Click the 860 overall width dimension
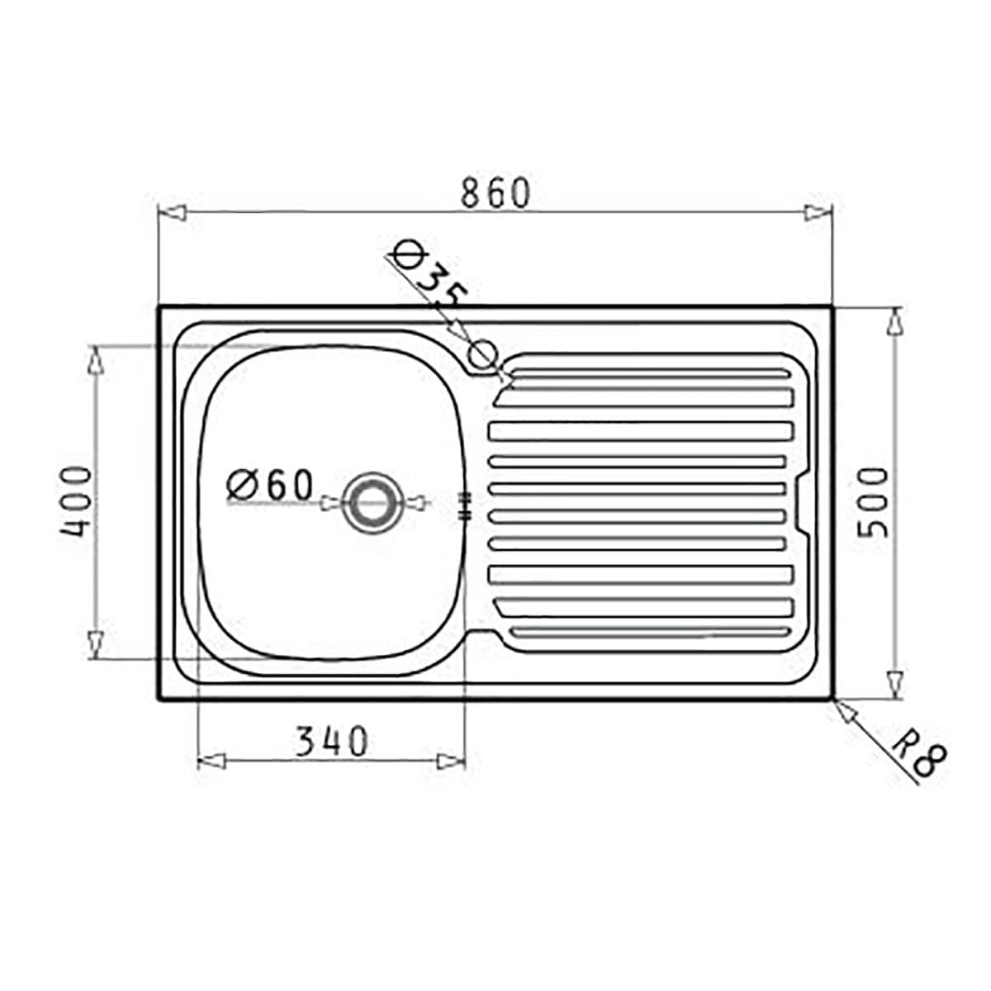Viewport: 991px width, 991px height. pos(494,192)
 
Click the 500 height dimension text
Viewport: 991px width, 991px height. pos(874,502)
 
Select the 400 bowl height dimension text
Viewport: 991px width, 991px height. pos(76,502)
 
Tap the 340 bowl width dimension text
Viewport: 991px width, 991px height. pos(331,742)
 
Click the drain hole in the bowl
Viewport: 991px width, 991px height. pos(371,501)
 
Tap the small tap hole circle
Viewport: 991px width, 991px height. pos(483,355)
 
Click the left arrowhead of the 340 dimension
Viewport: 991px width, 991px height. pos(212,759)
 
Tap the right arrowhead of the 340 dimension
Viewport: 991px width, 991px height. pos(452,759)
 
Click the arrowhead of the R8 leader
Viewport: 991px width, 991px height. pos(844,709)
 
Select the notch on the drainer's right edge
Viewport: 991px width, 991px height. pos(802,504)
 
